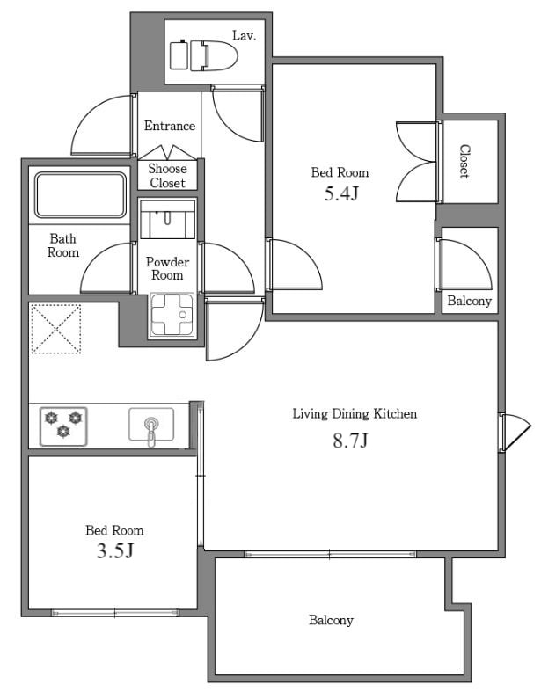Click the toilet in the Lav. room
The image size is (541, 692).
coord(214,55)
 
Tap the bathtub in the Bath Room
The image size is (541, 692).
coord(80,194)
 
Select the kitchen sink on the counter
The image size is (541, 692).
coord(151,425)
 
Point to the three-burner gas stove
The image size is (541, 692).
coord(63,426)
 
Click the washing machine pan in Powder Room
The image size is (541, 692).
coord(172,315)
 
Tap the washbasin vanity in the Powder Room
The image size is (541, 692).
coord(167,219)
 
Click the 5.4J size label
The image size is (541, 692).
coord(341,193)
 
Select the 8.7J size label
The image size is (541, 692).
coord(350,441)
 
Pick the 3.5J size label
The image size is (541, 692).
coord(115,550)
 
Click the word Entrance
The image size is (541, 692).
coord(170,126)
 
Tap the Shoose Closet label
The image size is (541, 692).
coord(167,176)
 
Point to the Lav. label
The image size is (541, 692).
coord(245,36)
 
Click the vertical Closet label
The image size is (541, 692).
coord(464,162)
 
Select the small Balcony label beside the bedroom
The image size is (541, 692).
coord(470,301)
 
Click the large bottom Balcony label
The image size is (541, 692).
coord(331,620)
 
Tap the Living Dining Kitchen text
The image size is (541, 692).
coord(355,414)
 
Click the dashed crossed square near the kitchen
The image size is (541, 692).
coord(56,329)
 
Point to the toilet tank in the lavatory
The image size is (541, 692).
coord(179,55)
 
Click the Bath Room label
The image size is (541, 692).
coord(63,246)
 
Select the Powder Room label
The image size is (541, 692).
coord(167,268)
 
